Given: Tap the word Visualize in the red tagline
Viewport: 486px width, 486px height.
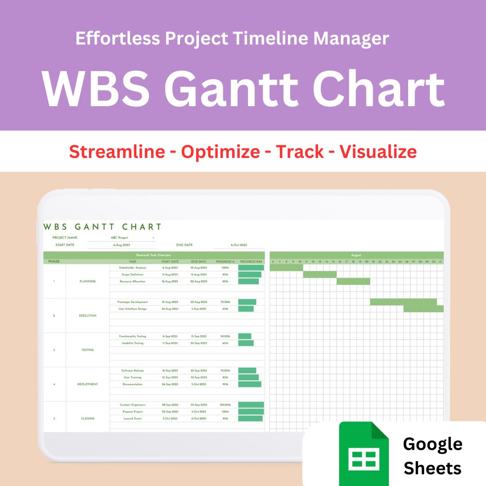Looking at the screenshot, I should [x=378, y=152].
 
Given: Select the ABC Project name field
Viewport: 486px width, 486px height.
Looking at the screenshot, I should [x=120, y=238].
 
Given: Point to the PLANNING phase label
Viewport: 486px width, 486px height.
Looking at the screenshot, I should [x=88, y=281].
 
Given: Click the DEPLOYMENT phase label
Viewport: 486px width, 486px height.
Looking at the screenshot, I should [x=88, y=384].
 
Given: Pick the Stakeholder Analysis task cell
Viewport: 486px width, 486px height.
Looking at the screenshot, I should [x=132, y=268].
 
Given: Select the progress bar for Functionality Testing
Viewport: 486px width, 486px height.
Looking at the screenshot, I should [x=245, y=336].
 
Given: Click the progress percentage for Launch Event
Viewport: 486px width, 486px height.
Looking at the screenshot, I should [x=225, y=418].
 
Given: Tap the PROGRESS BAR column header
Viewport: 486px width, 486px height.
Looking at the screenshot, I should [x=251, y=261].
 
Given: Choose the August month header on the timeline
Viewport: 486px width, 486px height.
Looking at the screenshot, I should [x=356, y=255].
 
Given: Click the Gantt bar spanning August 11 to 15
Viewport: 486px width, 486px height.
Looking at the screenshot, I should [x=319, y=274].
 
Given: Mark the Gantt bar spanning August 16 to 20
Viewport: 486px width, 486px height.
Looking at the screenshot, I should [x=353, y=281].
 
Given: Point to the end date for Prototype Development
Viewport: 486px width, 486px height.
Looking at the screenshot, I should [x=198, y=302].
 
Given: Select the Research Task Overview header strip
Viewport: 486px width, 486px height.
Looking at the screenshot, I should [x=154, y=255].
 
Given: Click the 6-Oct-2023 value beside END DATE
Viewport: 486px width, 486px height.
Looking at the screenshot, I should [x=239, y=245].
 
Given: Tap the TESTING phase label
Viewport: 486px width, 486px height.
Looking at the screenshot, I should [x=88, y=350].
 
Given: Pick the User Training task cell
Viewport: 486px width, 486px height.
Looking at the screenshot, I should [x=132, y=378].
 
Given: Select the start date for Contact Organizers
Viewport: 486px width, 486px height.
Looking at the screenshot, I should [x=170, y=405].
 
